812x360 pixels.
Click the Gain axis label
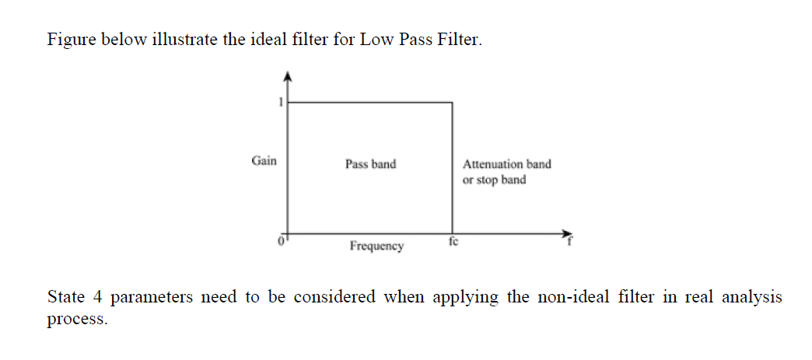click(264, 161)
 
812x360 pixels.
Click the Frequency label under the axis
click(376, 246)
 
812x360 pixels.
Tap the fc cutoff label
click(453, 242)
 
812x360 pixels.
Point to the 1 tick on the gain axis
click(281, 101)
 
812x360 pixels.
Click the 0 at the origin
click(282, 240)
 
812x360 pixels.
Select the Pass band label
click(370, 164)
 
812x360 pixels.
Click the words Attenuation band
click(506, 164)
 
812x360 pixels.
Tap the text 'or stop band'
click(494, 180)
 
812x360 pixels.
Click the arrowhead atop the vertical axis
click(288, 75)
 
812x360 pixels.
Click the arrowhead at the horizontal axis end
click(566, 232)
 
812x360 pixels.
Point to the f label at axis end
click(568, 241)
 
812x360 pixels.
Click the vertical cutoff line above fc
click(452, 167)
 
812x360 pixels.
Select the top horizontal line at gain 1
click(370, 102)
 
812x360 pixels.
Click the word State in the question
click(66, 298)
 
